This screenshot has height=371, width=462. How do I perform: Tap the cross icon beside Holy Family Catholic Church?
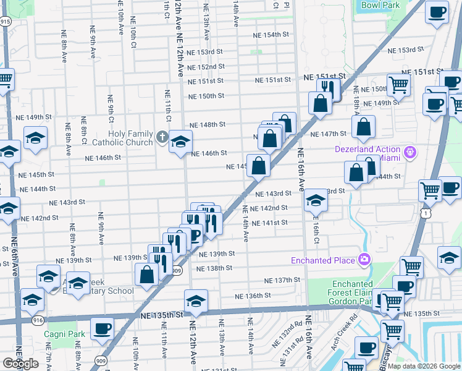(x=162, y=137)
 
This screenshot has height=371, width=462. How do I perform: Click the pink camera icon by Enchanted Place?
(x=365, y=259)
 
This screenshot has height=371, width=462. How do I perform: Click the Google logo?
(x=20, y=364)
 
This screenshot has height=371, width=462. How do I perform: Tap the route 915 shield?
(x=6, y=21)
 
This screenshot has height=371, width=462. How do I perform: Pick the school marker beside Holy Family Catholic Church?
(x=180, y=142)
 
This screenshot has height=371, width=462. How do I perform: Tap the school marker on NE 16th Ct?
(x=315, y=200)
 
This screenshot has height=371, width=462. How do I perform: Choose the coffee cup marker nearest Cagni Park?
(x=102, y=329)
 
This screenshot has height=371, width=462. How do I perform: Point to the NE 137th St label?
(x=282, y=280)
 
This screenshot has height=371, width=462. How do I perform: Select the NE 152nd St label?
(x=206, y=67)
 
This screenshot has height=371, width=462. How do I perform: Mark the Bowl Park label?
(x=380, y=6)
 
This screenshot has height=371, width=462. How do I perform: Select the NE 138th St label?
(x=214, y=268)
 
